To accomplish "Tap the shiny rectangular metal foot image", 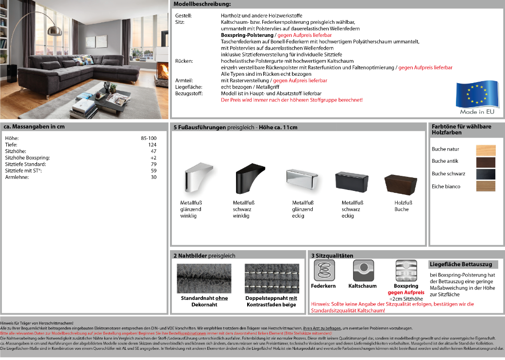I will pos(302,180).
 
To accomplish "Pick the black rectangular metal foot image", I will pos(350,182).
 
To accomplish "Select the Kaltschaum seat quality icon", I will pos(362,271).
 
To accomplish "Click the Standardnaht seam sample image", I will pos(204,278).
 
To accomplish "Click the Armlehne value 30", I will pos(153,177).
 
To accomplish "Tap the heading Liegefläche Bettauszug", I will pos(461,264).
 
